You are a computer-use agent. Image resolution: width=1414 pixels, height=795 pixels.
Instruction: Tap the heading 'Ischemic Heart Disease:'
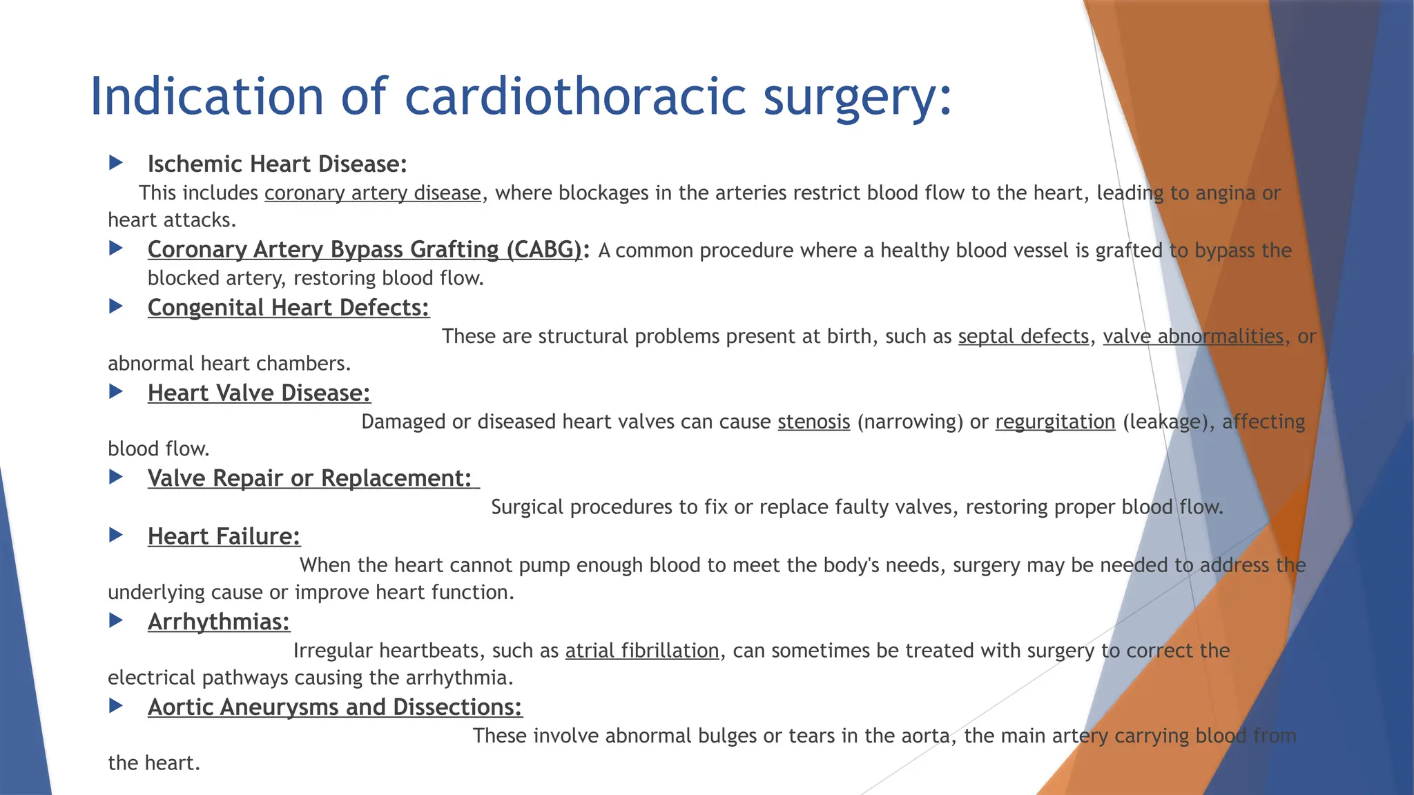(277, 164)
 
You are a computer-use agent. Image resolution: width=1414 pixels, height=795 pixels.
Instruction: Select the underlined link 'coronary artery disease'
(372, 193)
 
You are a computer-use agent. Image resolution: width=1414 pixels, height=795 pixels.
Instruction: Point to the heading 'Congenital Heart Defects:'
(288, 308)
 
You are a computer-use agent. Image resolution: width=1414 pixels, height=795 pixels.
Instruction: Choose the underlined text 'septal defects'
(1023, 337)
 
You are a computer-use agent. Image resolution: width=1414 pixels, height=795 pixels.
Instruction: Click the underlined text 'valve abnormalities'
(1192, 337)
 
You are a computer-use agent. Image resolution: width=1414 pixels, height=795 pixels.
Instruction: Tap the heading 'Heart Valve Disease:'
(259, 393)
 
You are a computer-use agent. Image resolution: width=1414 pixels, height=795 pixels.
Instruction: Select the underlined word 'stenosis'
(813, 422)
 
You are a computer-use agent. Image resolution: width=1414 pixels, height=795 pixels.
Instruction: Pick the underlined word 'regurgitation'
(1055, 422)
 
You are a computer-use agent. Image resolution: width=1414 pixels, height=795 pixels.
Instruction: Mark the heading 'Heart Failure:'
(224, 536)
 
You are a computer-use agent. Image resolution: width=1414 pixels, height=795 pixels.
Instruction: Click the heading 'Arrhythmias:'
(219, 622)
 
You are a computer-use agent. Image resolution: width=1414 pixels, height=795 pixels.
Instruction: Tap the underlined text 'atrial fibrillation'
(642, 651)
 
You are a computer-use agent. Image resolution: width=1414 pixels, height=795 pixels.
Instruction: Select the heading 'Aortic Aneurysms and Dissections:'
(335, 707)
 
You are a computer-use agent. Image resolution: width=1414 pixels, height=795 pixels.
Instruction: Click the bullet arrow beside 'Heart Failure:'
(116, 535)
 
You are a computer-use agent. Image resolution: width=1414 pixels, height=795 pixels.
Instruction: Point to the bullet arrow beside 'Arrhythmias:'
(116, 620)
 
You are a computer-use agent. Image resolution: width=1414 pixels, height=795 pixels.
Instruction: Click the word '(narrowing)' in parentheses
(909, 422)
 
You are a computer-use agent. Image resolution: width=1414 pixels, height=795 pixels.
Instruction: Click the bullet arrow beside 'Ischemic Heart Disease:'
(116, 163)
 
